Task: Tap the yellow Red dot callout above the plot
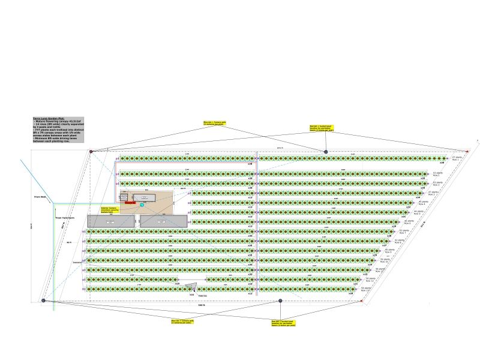(322, 129)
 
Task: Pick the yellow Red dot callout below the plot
(283, 323)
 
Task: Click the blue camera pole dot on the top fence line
(326, 151)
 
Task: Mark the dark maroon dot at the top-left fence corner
(91, 151)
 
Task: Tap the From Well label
(40, 196)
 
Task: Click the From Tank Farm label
(65, 218)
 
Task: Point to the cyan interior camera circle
(142, 205)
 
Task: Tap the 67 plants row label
(456, 159)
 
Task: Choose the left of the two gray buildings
(111, 221)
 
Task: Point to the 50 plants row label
(371, 280)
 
